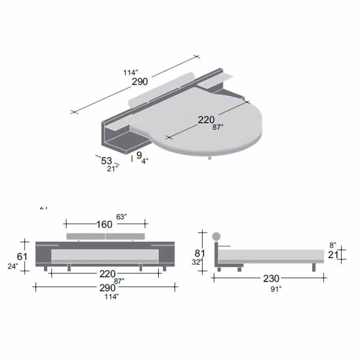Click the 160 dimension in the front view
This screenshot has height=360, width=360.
[104, 224]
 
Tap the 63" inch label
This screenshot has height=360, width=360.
[121, 217]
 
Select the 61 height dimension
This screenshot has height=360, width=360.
[22, 257]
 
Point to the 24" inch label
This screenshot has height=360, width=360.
[13, 266]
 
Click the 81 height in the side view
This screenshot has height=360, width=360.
[200, 252]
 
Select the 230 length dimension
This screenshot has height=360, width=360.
[271, 279]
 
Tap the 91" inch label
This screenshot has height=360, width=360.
[276, 289]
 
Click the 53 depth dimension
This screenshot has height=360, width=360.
[106, 161]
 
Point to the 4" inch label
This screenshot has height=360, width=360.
[145, 161]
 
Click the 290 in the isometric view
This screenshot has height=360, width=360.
[140, 81]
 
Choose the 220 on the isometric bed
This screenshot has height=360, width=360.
[206, 120]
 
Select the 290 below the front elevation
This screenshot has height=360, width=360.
[108, 288]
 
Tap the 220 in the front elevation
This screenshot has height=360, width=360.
[108, 274]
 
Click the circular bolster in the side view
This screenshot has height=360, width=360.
[216, 236]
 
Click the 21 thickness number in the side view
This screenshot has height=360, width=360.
[333, 255]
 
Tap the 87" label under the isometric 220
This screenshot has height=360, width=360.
[218, 127]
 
